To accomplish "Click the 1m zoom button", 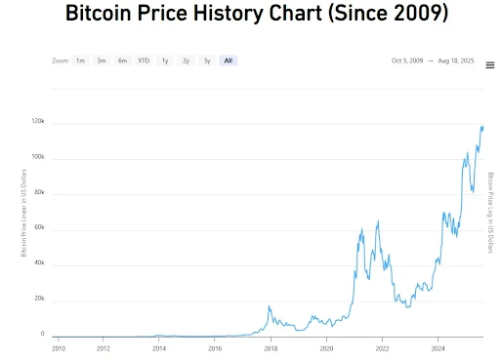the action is pyautogui.click(x=80, y=60).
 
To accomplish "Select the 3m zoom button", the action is pyautogui.click(x=102, y=60).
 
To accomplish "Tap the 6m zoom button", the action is pyautogui.click(x=123, y=60).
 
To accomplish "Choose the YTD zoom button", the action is pyautogui.click(x=144, y=60).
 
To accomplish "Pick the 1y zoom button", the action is pyautogui.click(x=165, y=60).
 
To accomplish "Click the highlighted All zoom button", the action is pyautogui.click(x=229, y=60).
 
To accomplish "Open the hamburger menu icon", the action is pyautogui.click(x=490, y=65).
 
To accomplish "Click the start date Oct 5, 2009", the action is pyautogui.click(x=407, y=60).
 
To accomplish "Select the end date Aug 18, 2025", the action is pyautogui.click(x=456, y=60).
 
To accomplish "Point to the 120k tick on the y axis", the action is pyautogui.click(x=38, y=121).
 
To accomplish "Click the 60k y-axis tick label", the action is pyautogui.click(x=39, y=227).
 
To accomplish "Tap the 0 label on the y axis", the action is pyautogui.click(x=42, y=334).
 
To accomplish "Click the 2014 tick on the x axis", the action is pyautogui.click(x=159, y=348).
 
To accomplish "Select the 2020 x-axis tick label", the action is pyautogui.click(x=326, y=348).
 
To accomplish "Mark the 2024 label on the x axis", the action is pyautogui.click(x=438, y=348).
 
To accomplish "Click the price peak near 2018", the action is pyautogui.click(x=270, y=306).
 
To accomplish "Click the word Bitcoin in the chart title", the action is pyautogui.click(x=99, y=13).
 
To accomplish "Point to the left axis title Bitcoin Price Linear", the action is pyautogui.click(x=23, y=213).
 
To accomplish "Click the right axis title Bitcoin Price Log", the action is pyautogui.click(x=490, y=213).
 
